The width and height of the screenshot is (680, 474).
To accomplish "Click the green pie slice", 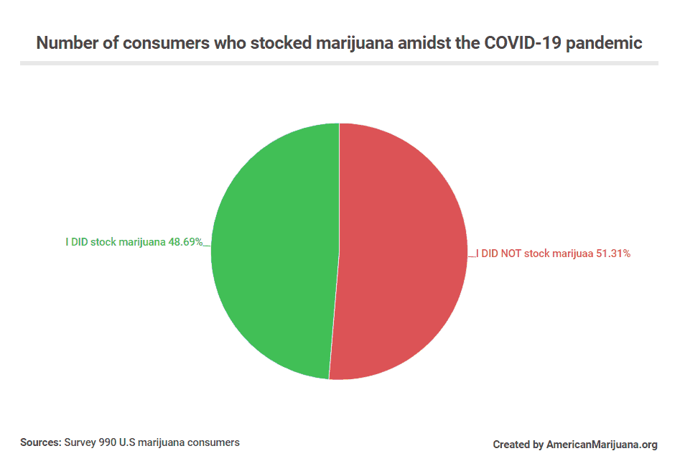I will [273, 251].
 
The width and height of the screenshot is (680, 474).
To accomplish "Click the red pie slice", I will [402, 251].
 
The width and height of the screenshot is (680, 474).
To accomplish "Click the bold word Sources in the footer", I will [40, 442].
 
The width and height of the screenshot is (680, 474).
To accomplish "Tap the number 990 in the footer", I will [106, 442].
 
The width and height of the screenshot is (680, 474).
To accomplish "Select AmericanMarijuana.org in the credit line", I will [602, 445].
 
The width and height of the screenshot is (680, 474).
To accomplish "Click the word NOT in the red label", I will [511, 253].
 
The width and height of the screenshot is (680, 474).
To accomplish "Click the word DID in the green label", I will [79, 242].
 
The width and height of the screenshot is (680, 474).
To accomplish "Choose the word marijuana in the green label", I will [141, 242].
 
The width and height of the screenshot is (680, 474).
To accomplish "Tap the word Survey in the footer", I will [79, 442].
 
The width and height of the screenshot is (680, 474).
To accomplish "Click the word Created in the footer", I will [512, 445].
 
